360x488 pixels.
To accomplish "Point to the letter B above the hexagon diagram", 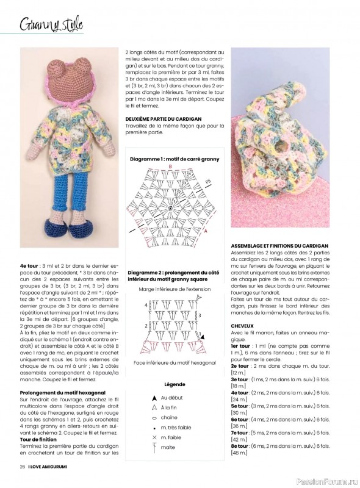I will point(171,166).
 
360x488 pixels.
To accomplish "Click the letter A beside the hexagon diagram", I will point(206,232).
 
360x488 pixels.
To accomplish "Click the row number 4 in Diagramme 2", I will point(145,303).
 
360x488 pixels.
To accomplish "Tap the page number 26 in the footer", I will point(22,466).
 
